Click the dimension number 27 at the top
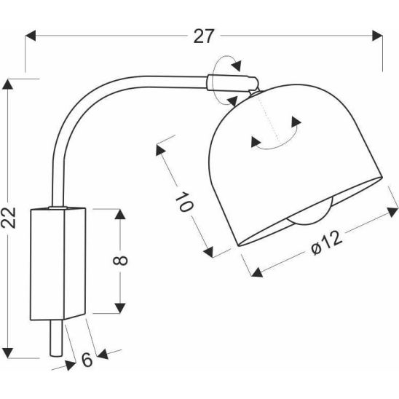pos(203,36)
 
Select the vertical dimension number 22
pos(8,218)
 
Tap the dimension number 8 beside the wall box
pos(120,261)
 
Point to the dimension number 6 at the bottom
pos(87,360)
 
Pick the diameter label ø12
pos(327,242)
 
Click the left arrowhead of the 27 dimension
pos(31,36)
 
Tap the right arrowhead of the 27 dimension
pos(377,36)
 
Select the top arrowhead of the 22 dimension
pos(7,84)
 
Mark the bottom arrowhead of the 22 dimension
pos(7,352)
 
